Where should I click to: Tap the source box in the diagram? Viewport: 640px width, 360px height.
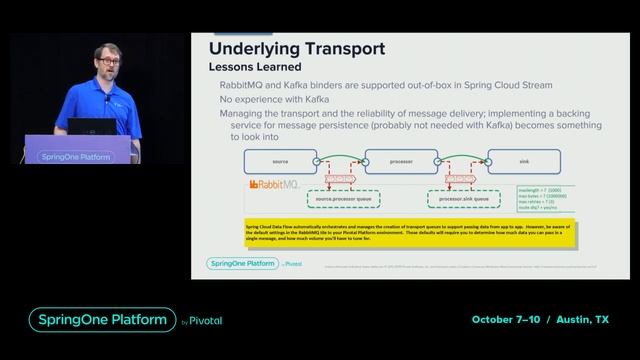(x=280, y=161)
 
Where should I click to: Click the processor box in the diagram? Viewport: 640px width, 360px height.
(x=402, y=161)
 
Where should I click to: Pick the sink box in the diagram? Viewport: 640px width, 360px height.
(x=522, y=161)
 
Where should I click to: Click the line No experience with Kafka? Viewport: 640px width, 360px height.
(x=275, y=99)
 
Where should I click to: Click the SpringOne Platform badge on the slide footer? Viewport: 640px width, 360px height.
(x=241, y=264)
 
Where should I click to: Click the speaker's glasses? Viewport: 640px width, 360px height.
(x=108, y=62)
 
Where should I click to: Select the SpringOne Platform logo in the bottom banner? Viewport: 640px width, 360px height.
(x=101, y=320)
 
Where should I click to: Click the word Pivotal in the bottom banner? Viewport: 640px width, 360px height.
(x=204, y=322)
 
